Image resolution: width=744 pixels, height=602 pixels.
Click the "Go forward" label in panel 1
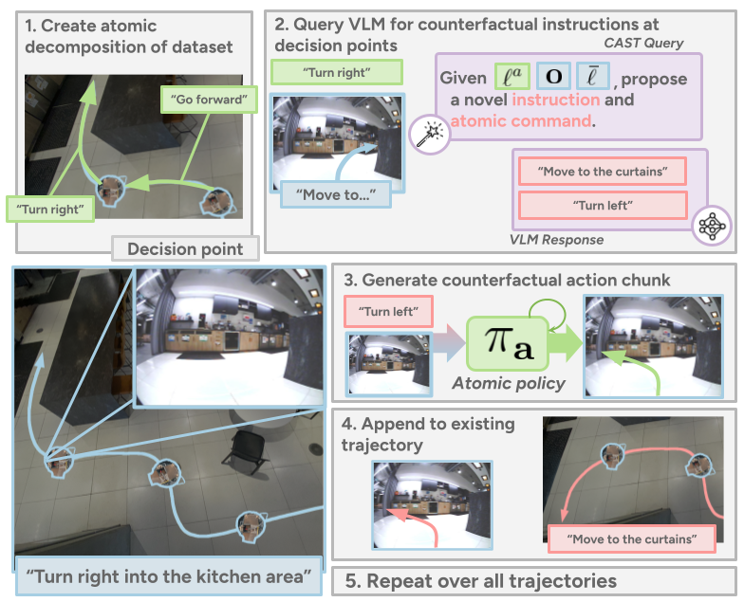(209, 99)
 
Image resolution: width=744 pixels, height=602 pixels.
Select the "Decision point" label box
(186, 248)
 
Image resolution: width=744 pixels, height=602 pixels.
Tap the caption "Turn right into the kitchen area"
(169, 576)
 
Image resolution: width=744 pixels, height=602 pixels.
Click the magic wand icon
(429, 135)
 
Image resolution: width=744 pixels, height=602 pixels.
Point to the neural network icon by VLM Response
(712, 226)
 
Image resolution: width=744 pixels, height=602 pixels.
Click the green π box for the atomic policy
(508, 343)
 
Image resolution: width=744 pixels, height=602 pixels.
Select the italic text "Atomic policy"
(509, 383)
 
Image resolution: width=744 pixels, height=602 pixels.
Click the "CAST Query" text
(643, 44)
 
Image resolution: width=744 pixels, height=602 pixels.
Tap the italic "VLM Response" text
(556, 239)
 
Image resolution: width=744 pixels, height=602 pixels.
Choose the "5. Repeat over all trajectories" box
(533, 581)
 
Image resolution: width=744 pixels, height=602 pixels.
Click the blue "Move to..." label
(336, 194)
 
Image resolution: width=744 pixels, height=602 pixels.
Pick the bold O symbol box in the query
(554, 76)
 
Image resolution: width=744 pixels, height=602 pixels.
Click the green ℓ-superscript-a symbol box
(512, 76)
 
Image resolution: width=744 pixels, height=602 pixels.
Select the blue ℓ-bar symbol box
(593, 76)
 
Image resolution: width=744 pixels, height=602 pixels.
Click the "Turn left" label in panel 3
(389, 311)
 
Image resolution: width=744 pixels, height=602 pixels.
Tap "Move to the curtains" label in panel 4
(632, 538)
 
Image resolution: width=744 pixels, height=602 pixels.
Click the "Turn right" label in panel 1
(50, 209)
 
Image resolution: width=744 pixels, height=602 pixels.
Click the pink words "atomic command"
(521, 121)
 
